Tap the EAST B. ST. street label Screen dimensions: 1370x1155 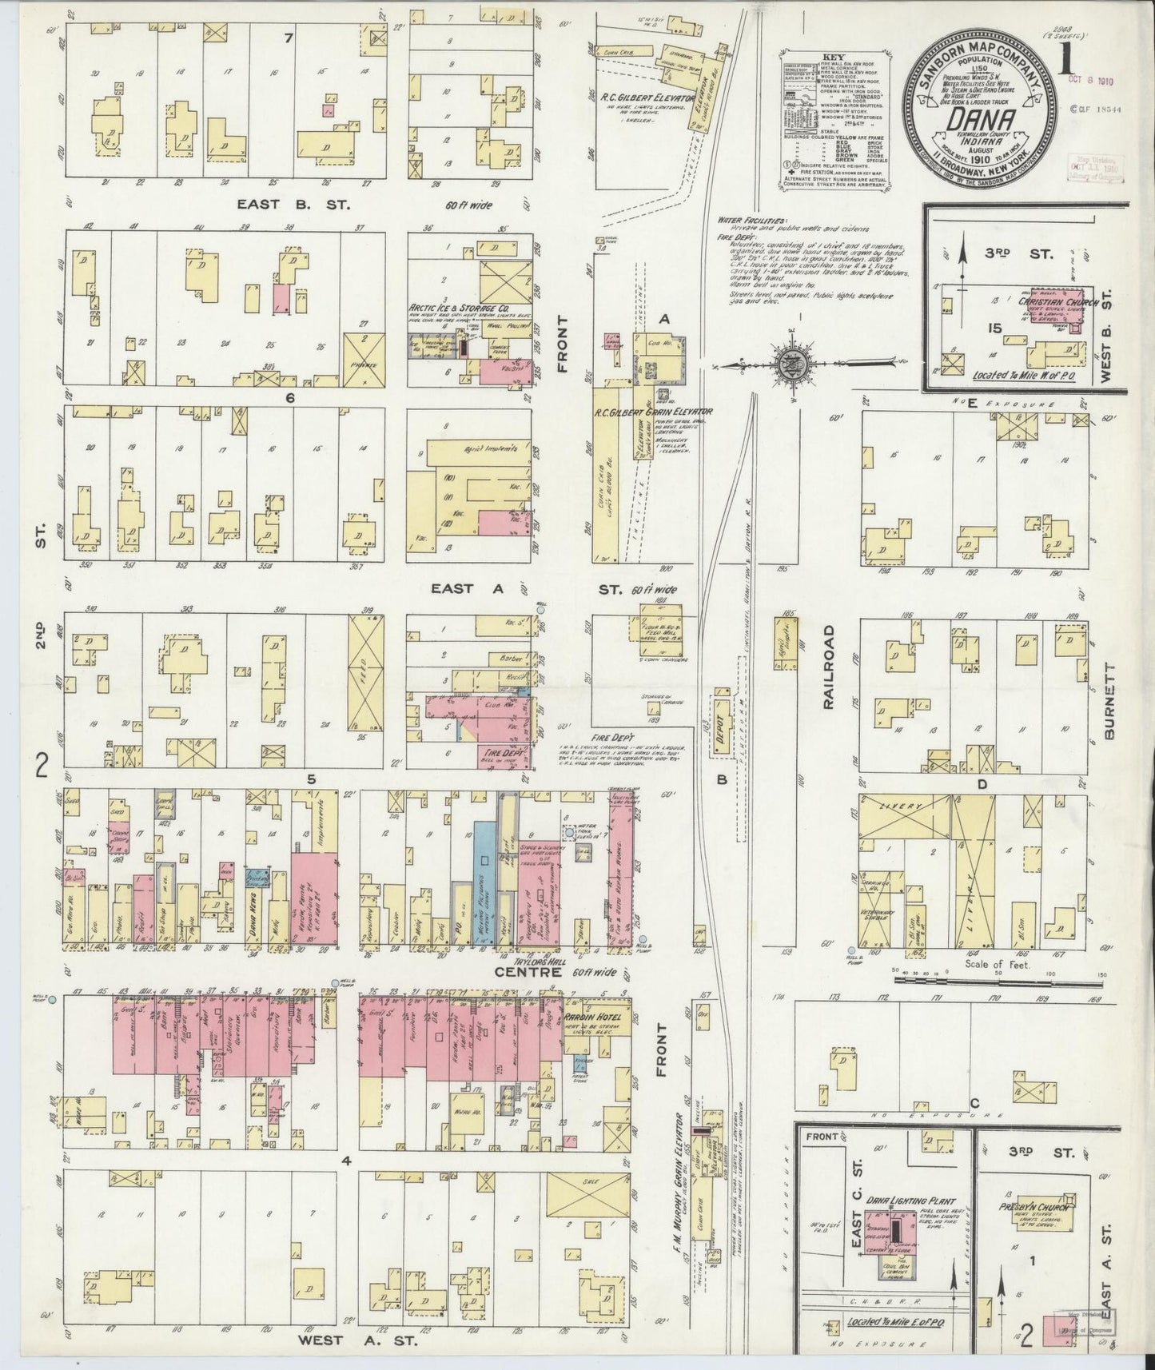click(x=293, y=205)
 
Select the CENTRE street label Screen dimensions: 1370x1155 click(x=521, y=973)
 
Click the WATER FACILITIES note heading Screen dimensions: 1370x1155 click(x=751, y=221)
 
